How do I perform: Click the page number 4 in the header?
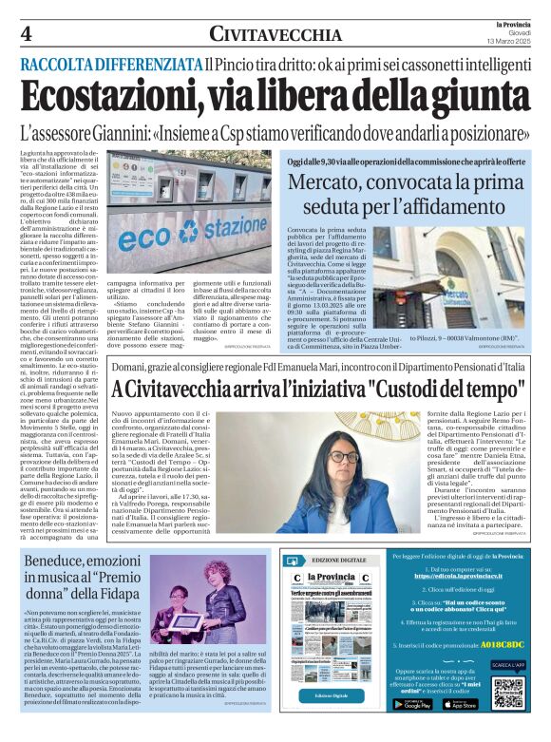(x=27, y=34)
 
